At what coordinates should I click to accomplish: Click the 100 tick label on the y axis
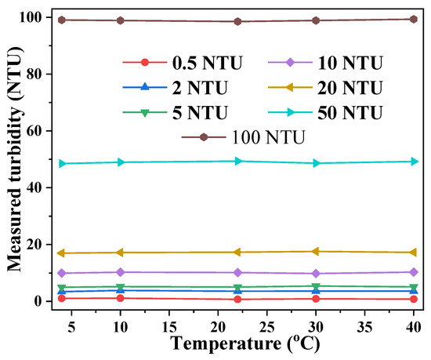(x=34, y=17)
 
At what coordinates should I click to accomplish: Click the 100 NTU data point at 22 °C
(x=237, y=21)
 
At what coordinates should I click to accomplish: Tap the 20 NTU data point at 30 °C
(x=315, y=252)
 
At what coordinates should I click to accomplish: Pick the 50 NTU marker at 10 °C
(x=120, y=162)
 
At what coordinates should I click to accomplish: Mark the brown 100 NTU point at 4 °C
(x=60, y=20)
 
